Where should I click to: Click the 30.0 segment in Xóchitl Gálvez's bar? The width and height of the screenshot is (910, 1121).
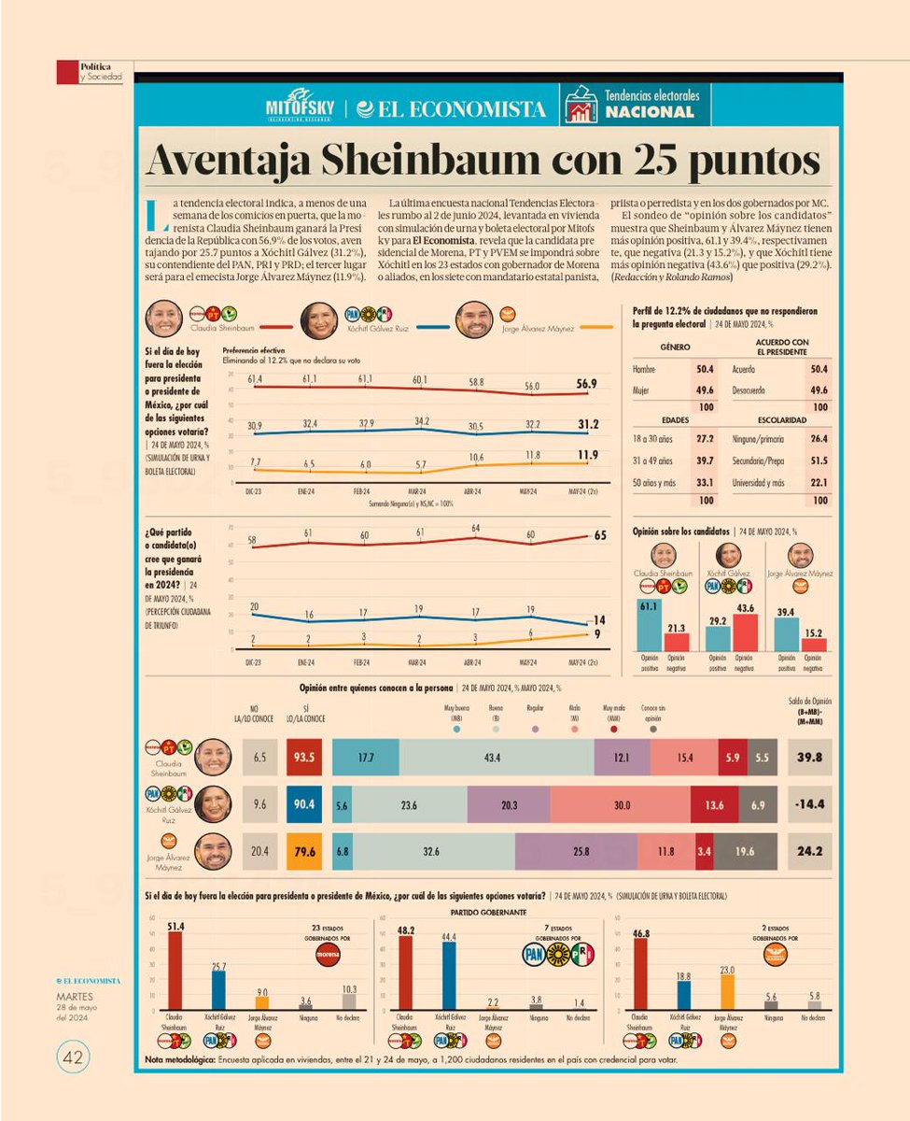coord(621,805)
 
